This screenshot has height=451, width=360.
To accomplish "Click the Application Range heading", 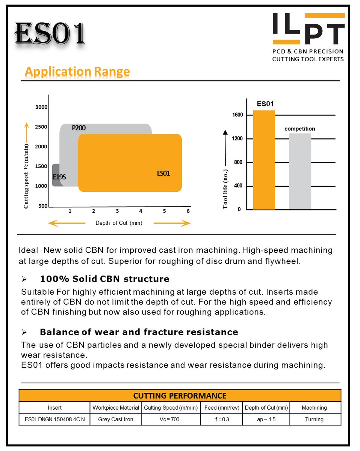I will click(77, 71).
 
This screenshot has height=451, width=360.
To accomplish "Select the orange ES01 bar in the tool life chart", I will click(264, 160).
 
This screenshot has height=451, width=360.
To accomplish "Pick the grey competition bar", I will click(300, 171).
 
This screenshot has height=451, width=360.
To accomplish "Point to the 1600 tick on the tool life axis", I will click(237, 115).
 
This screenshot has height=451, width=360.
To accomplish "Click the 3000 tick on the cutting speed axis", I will click(41, 107).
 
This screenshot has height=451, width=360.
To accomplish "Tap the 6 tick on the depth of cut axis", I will click(188, 211).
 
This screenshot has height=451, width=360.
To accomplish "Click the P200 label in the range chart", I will click(79, 128).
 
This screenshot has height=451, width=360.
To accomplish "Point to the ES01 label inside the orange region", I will click(163, 174).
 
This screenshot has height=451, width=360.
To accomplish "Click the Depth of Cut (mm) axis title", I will click(119, 223).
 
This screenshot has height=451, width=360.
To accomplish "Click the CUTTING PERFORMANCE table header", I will click(180, 396).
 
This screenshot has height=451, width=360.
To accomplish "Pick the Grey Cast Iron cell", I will click(116, 419).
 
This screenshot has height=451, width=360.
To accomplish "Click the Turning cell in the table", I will click(314, 419).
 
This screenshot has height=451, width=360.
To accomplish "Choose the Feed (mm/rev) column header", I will click(221, 407).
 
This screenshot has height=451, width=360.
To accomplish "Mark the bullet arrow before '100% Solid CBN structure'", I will click(24, 279).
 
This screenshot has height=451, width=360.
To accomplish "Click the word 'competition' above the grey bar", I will click(299, 129).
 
